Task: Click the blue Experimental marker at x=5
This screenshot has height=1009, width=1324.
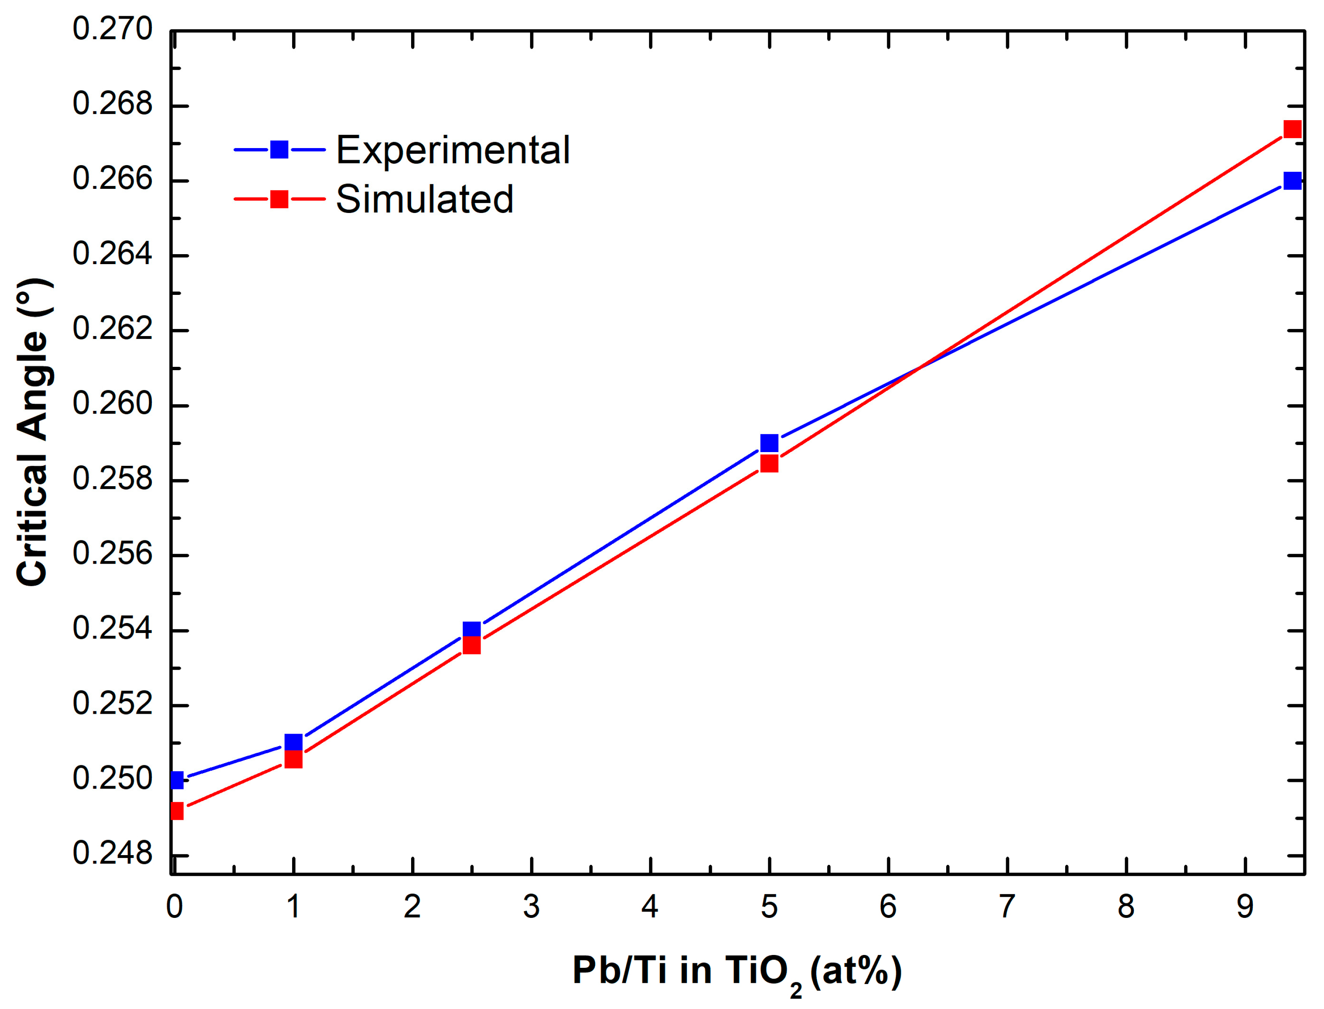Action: coord(769,443)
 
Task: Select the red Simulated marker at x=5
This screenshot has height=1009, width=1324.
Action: coord(769,464)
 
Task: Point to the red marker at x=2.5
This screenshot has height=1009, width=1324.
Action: coord(472,645)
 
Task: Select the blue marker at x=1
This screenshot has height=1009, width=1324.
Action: coord(293,743)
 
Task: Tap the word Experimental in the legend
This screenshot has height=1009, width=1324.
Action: coord(453,150)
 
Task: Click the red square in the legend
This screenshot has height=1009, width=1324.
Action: coord(279,199)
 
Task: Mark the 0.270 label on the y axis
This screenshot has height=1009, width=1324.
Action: coord(113,30)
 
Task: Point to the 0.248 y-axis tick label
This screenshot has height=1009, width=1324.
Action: coord(113,853)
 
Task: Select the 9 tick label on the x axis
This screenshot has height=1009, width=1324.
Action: coord(1245,907)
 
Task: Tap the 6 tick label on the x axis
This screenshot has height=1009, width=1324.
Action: coord(888,907)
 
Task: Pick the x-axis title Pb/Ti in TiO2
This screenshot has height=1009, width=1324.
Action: coord(737,971)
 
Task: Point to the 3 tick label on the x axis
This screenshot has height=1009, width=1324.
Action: coord(531,907)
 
